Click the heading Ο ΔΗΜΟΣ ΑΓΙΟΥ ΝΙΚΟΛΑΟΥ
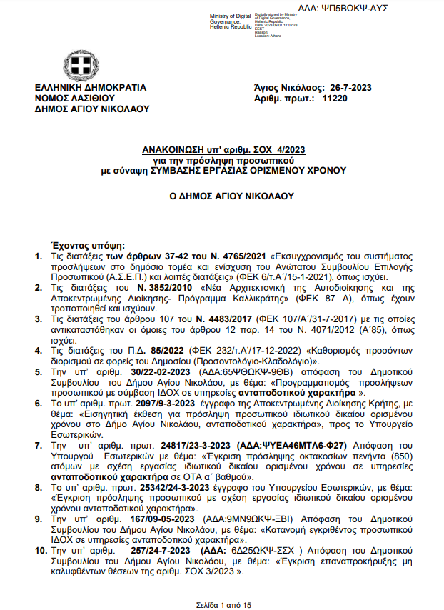222,195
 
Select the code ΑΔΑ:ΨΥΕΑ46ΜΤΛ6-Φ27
261,444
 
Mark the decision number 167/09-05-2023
133,519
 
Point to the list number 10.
41,550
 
